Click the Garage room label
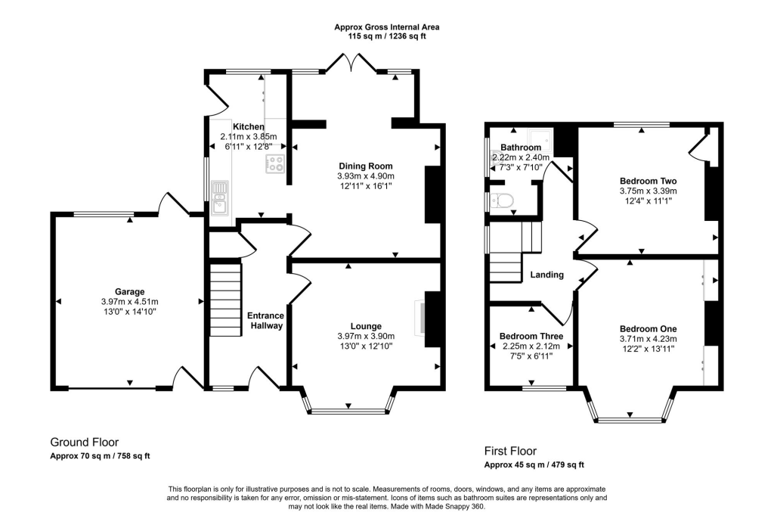click(x=130, y=291)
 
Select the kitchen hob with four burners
click(x=274, y=164)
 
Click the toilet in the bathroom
click(x=501, y=200)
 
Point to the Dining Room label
click(x=364, y=166)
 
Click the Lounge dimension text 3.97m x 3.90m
click(x=364, y=336)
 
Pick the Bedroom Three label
click(x=531, y=337)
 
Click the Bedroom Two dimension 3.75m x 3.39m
click(x=648, y=191)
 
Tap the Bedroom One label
click(x=648, y=328)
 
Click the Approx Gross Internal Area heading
click(x=386, y=26)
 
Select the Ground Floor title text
click(x=84, y=442)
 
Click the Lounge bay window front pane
click(x=348, y=412)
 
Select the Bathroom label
click(x=521, y=147)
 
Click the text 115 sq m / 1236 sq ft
click(x=386, y=36)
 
